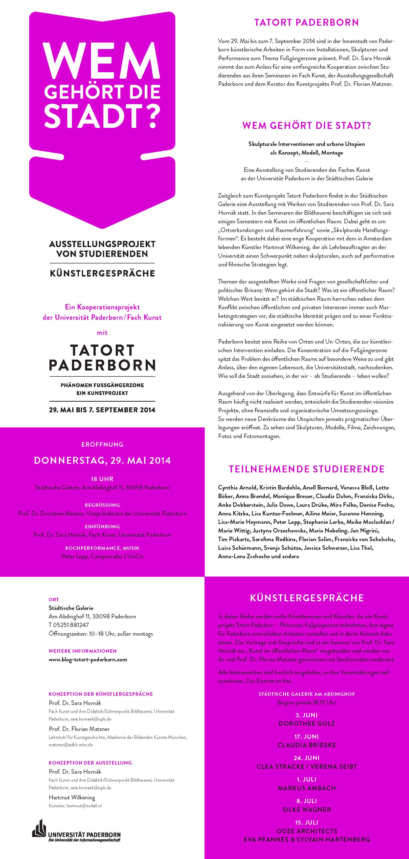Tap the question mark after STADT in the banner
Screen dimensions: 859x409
point(149,115)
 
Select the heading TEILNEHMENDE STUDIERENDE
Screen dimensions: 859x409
point(306,469)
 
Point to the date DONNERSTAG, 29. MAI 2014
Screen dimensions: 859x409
point(102,461)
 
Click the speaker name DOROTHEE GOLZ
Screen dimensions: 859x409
point(306,724)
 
